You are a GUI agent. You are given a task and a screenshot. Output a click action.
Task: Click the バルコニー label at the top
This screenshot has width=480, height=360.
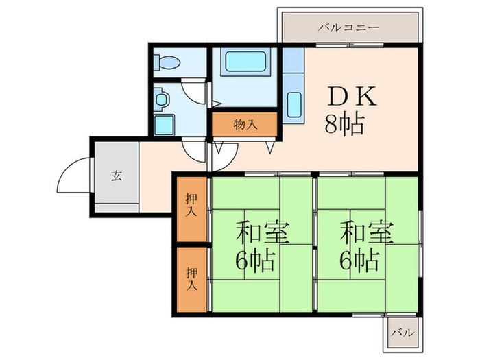click(x=348, y=28)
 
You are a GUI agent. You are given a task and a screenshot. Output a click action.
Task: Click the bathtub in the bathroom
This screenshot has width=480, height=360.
click(x=244, y=66)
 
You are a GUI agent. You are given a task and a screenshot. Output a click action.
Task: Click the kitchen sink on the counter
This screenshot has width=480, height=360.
click(x=294, y=105)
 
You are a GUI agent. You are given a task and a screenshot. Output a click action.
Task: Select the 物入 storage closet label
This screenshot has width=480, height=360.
click(x=245, y=124)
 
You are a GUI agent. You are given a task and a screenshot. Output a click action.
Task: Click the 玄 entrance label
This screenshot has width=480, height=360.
click(x=116, y=174)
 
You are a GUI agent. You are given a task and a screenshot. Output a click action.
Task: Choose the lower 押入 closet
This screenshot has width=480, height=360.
click(x=191, y=278)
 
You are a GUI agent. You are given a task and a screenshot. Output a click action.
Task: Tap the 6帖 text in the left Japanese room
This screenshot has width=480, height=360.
click(x=257, y=260)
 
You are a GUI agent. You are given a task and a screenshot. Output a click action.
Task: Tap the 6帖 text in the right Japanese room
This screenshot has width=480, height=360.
click(x=361, y=260)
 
